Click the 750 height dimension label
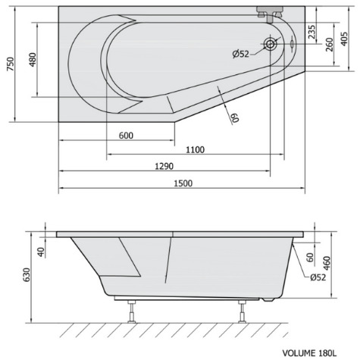pyautogui.click(x=11, y=64)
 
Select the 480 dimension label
pyautogui.click(x=33, y=60)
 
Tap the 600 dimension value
pyautogui.click(x=126, y=136)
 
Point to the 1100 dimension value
pyautogui.click(x=195, y=150)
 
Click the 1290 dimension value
pyautogui.click(x=164, y=166)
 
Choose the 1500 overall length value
pyautogui.click(x=183, y=183)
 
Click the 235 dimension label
pyautogui.click(x=312, y=32)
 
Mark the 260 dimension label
pyautogui.click(x=330, y=45)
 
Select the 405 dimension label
pyautogui.click(x=344, y=39)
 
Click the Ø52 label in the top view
pyautogui.click(x=241, y=54)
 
